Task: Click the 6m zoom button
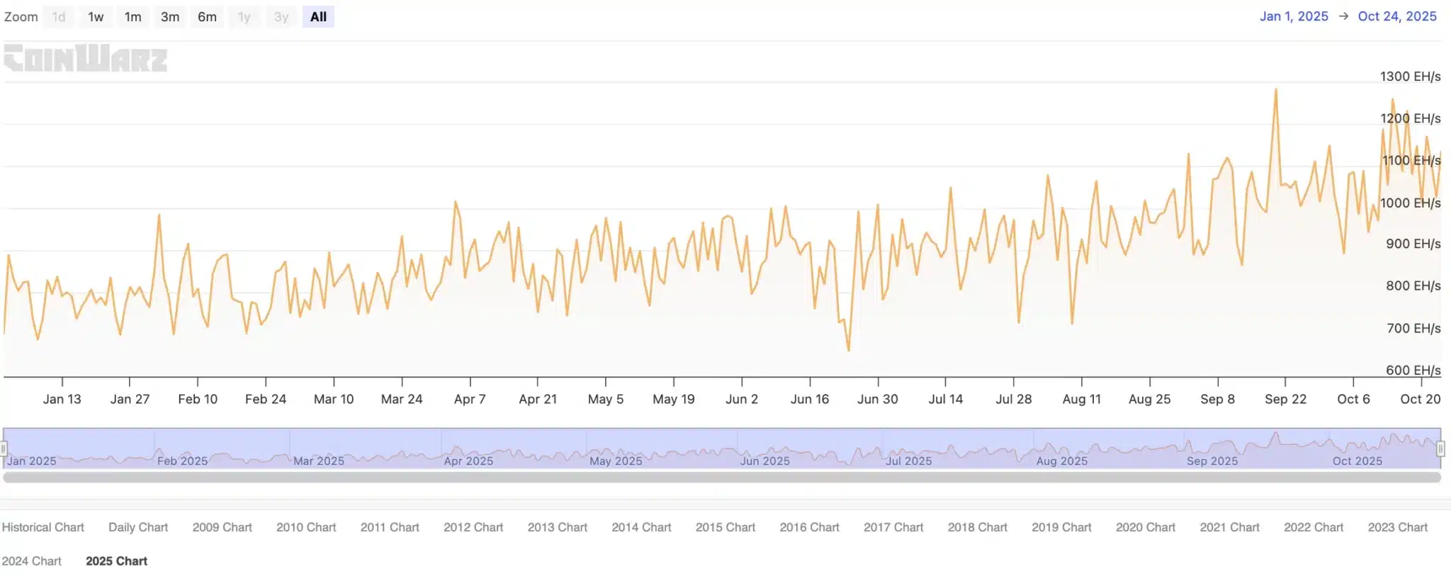207,17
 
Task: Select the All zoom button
318,17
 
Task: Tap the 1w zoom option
96,17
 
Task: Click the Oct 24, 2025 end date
1396,16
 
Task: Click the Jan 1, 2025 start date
1293,16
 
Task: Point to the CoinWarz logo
86,58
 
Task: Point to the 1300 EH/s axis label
1409,77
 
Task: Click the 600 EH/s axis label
1413,370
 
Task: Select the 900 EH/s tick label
1413,244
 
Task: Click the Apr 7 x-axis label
470,399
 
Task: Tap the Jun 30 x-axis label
877,399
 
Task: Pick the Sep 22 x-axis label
1285,399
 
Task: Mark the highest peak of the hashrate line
1276,89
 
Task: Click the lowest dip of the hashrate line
849,350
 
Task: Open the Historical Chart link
43,527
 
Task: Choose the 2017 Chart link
893,527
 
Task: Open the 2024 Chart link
32,561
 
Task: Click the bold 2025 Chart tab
116,561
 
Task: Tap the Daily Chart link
138,527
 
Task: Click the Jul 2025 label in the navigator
909,461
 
